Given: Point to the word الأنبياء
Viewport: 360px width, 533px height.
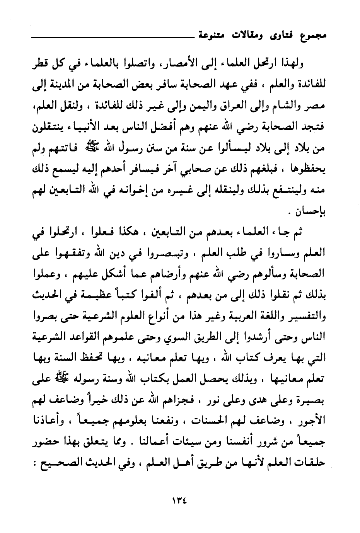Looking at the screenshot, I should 78,126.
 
